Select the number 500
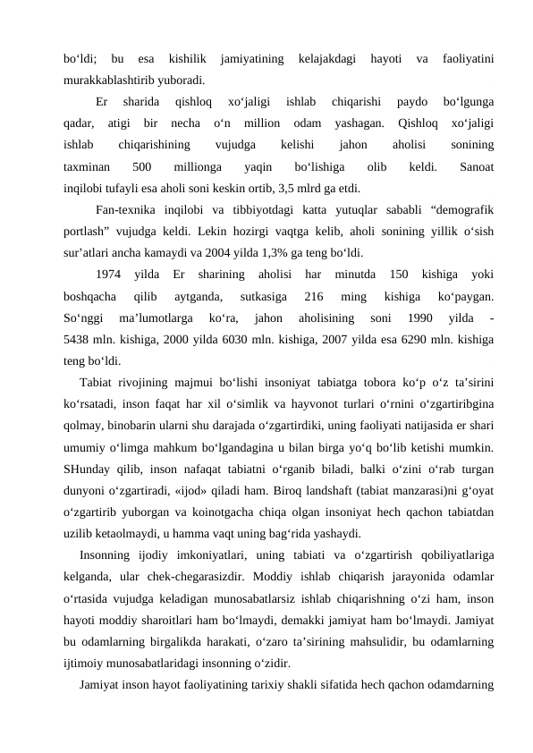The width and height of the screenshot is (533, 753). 141,166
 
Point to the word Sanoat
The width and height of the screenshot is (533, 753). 477,166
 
